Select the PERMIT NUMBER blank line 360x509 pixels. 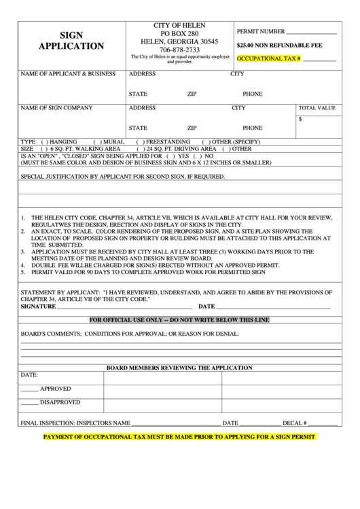[x=312, y=32]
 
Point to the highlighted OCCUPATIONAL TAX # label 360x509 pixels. [x=269, y=58]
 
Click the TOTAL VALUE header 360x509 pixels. [x=317, y=108]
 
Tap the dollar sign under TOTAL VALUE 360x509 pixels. [x=300, y=118]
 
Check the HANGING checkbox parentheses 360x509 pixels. [x=45, y=141]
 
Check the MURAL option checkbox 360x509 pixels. [x=97, y=141]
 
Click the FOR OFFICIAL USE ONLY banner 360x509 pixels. [x=180, y=319]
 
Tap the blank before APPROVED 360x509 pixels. [x=29, y=389]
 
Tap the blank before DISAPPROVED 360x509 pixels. [x=29, y=402]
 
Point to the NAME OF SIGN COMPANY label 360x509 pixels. [x=56, y=108]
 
